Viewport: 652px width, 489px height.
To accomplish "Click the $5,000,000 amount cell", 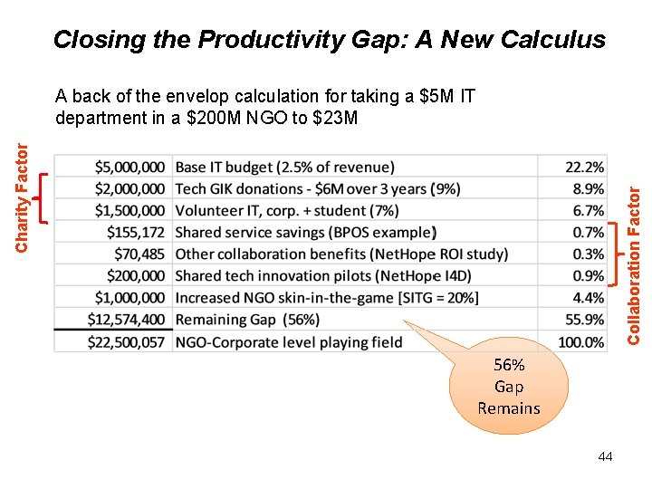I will pyautogui.click(x=130, y=167).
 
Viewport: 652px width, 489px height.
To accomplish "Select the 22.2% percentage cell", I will pyautogui.click(x=584, y=167).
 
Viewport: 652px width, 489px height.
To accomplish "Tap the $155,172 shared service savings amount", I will pyautogui.click(x=136, y=232).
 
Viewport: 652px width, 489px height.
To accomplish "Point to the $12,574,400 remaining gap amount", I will pyautogui.click(x=127, y=319).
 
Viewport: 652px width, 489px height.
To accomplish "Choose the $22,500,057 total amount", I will pyautogui.click(x=127, y=341).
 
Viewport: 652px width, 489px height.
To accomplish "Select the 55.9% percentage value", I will pyautogui.click(x=584, y=319).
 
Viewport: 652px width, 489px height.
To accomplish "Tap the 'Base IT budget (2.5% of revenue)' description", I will pyautogui.click(x=284, y=167).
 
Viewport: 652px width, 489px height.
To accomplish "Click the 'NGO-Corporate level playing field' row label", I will pyautogui.click(x=288, y=341).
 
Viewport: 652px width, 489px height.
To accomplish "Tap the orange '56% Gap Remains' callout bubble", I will pyautogui.click(x=509, y=387).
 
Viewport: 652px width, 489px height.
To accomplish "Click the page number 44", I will pyautogui.click(x=605, y=456).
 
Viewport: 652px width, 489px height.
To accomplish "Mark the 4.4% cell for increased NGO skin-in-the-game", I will pyautogui.click(x=588, y=297).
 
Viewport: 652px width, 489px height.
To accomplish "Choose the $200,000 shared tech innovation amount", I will pyautogui.click(x=136, y=275).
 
